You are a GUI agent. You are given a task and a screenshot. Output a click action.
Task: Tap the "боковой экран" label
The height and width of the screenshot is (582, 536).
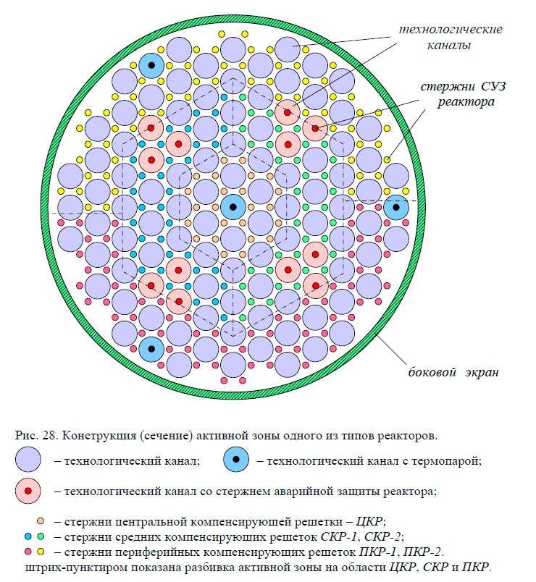[452, 373]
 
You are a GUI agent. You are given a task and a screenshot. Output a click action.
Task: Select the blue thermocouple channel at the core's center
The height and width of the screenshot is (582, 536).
[233, 207]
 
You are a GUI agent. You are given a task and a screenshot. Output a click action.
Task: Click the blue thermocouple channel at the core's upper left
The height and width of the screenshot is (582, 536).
[151, 66]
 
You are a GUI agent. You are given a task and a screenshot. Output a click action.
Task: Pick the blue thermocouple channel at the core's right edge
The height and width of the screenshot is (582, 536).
[396, 207]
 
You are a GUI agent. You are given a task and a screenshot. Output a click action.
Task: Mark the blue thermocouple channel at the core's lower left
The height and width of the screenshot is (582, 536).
[151, 349]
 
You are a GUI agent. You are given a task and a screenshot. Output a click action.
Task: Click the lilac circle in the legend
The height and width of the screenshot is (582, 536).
[28, 459]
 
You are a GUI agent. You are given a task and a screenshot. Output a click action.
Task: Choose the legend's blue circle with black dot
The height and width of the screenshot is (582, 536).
[236, 459]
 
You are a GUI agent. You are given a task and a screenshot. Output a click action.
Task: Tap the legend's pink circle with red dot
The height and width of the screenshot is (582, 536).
[28, 491]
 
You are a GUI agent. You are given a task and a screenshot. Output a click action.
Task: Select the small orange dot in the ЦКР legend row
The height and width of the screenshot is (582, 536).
[41, 521]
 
